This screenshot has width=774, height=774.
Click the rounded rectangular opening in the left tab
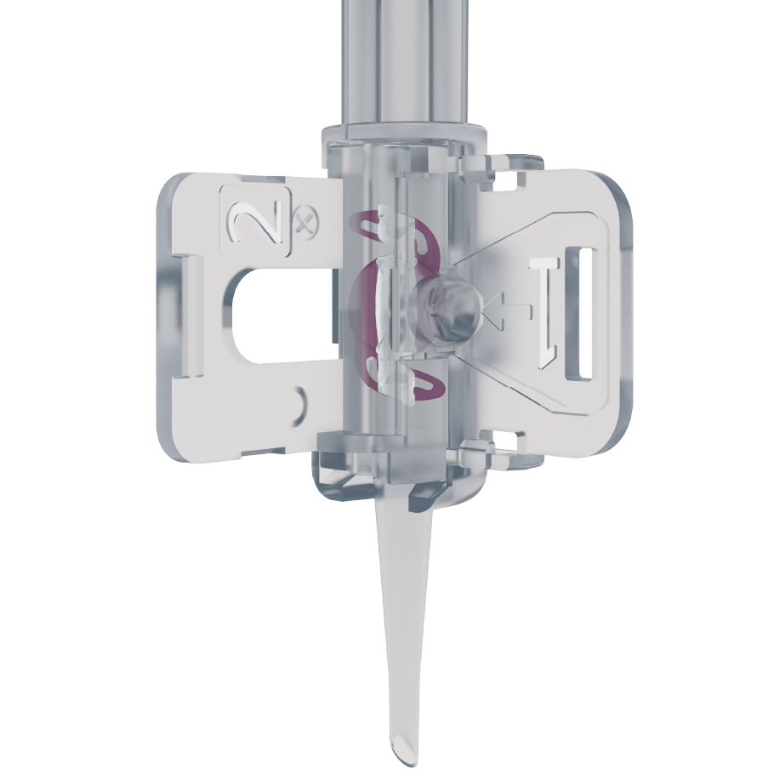[282, 316]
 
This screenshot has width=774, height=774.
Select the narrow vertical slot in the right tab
[578, 314]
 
